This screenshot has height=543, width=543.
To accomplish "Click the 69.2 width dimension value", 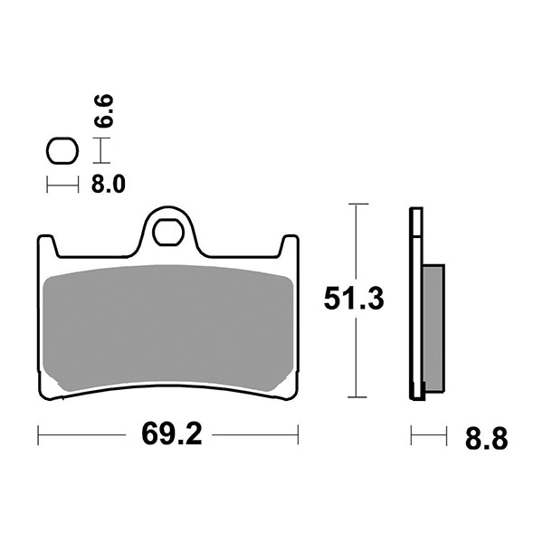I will (x=168, y=436).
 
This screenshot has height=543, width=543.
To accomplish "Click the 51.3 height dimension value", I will (x=355, y=300).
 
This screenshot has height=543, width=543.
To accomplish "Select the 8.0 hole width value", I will (x=109, y=186).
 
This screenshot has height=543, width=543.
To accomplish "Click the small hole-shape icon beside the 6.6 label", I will (x=62, y=151).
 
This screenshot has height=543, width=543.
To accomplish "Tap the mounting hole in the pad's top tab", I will (x=167, y=232).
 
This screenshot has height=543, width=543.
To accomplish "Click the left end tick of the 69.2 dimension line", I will (x=38, y=435).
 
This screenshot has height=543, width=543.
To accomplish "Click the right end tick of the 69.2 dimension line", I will (x=298, y=435).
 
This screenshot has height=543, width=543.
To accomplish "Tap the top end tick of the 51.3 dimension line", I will (x=358, y=205).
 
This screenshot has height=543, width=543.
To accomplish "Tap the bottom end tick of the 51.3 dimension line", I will (x=358, y=397).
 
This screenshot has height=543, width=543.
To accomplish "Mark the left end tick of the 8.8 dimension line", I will (x=411, y=435).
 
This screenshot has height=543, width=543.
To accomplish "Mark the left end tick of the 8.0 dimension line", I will (x=48, y=186).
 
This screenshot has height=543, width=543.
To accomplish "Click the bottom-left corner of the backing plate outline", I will (x=42, y=395).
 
